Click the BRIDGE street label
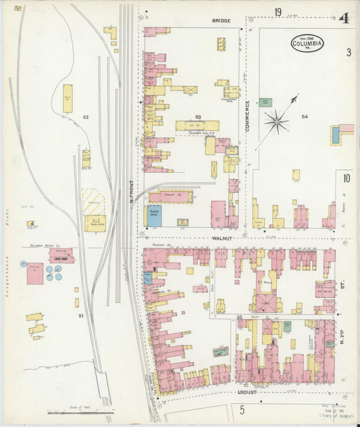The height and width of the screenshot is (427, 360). [x=222, y=21]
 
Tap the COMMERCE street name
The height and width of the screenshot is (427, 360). [x=248, y=116]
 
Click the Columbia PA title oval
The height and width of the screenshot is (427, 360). [x=307, y=44]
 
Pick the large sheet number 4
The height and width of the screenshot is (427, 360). [x=344, y=18]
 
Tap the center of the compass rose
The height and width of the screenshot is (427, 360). [x=276, y=122]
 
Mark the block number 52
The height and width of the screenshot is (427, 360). [x=86, y=118]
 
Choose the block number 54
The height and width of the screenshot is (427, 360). [x=305, y=117]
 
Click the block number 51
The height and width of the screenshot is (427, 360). [x=80, y=316]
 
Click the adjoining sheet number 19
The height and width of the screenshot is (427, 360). [x=278, y=12]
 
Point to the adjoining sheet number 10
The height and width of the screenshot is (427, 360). [x=346, y=179]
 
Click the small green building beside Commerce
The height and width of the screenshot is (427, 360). [x=266, y=102]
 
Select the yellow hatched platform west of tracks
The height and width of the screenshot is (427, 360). [x=93, y=201]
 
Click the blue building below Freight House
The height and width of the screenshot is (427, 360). [x=154, y=216]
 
